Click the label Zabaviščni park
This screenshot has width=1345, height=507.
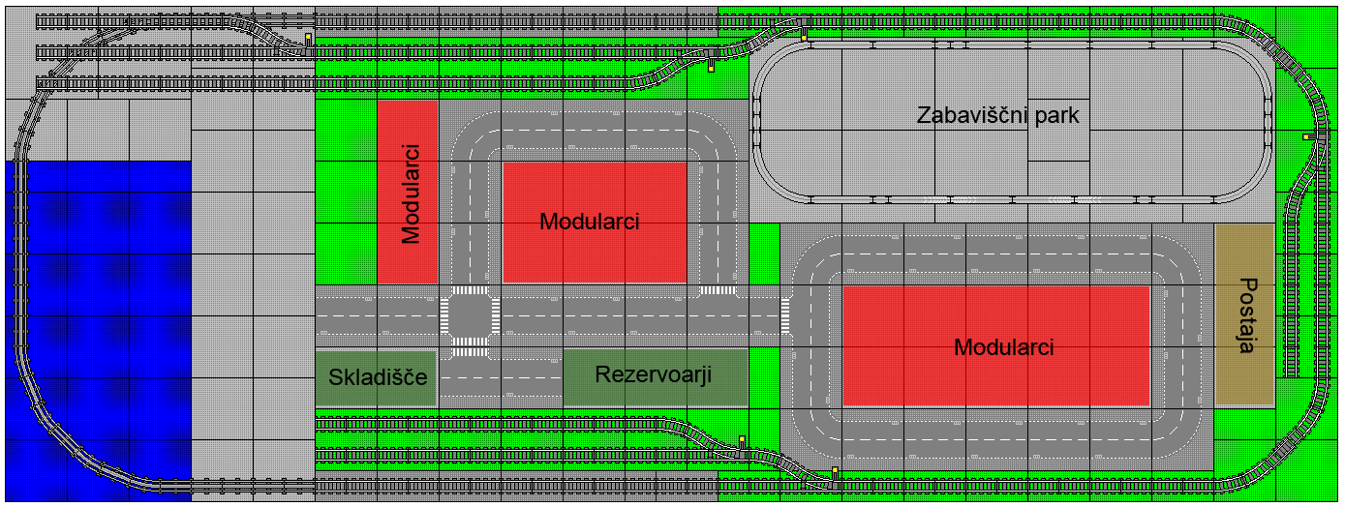click(997, 114)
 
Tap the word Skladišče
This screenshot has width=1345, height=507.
click(378, 376)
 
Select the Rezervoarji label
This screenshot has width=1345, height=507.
click(654, 374)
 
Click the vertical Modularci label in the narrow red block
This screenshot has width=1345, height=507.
click(411, 194)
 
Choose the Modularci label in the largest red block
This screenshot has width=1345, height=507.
click(1004, 347)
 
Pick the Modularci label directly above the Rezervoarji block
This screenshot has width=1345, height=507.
click(589, 222)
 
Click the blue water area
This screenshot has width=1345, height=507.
click(98, 331)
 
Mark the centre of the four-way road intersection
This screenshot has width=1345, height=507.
click(471, 316)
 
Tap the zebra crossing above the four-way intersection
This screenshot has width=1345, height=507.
click(471, 290)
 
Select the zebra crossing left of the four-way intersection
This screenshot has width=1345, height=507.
click(444, 316)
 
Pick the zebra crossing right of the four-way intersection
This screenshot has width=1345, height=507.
click(496, 316)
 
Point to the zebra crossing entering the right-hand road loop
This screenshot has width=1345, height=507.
click(785, 316)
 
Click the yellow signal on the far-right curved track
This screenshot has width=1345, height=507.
click(1305, 136)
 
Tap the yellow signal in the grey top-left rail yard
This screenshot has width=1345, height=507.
click(308, 37)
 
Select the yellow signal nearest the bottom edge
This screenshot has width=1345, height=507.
click(835, 470)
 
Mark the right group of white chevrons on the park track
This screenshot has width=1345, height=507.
click(1075, 199)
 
